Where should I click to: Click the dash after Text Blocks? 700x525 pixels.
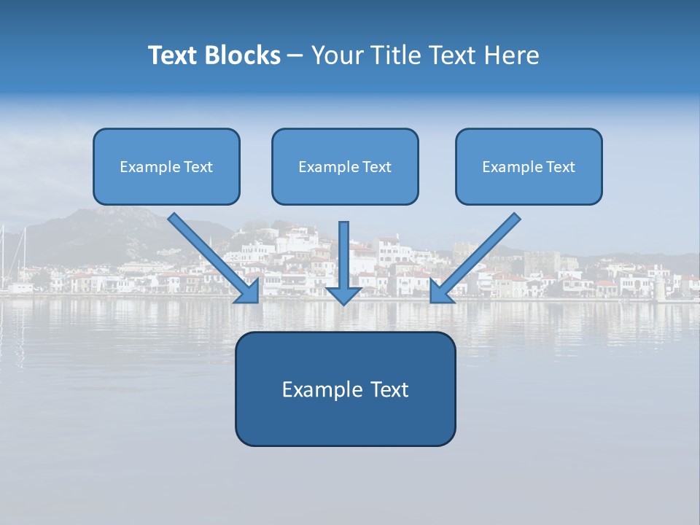click(x=295, y=56)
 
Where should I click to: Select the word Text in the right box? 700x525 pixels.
click(x=561, y=167)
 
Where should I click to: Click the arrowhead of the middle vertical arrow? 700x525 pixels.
click(x=343, y=295)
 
